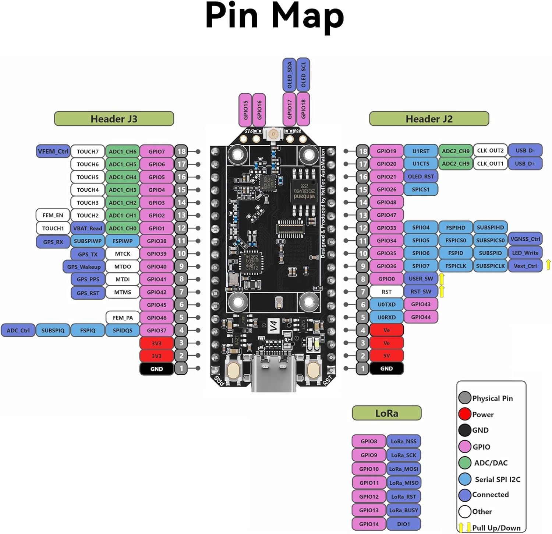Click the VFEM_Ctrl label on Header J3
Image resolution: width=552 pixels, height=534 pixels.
coord(53,151)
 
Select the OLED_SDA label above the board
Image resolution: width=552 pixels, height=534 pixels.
coord(289,75)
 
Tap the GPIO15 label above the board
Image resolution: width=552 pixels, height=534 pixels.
coord(245,110)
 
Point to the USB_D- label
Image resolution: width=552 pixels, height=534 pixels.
coord(525,150)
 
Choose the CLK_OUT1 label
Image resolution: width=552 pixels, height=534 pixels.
coord(490,163)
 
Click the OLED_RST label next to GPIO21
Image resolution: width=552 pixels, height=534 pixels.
coord(421,177)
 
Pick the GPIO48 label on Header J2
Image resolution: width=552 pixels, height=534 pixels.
coord(386,202)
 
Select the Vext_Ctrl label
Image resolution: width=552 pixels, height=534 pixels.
coord(525,266)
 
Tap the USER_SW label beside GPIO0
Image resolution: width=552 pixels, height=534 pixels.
coord(421,279)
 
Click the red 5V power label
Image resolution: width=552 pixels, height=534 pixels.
coord(386,356)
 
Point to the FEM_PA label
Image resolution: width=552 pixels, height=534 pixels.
coord(123,318)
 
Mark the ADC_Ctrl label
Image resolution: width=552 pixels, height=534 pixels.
coord(18,331)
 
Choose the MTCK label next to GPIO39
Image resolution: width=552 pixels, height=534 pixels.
coord(123,254)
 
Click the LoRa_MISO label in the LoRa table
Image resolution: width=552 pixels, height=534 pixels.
coord(404,483)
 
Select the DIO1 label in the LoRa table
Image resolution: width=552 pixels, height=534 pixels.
coord(404,524)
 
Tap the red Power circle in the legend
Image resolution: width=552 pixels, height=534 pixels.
coord(465,414)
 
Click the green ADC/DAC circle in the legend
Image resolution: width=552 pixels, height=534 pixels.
coord(465,463)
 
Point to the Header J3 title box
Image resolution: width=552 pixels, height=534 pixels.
coord(114,119)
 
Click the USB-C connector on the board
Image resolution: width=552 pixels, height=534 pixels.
coord(273,372)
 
